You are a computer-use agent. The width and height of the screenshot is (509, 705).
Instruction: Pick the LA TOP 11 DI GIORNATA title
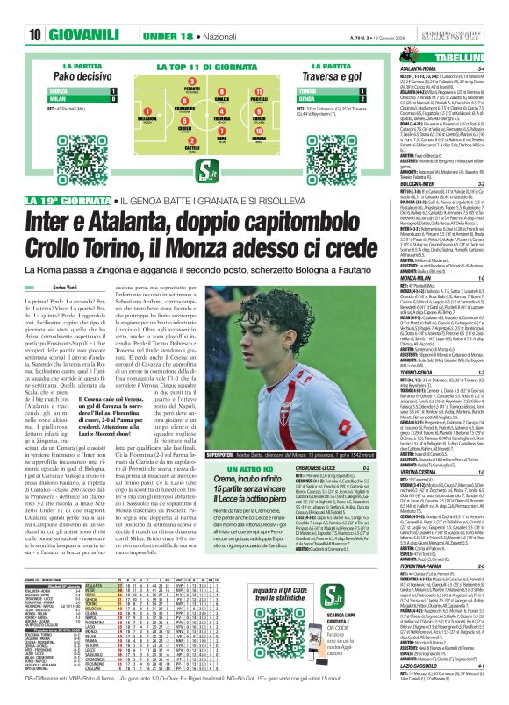(x=205, y=65)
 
